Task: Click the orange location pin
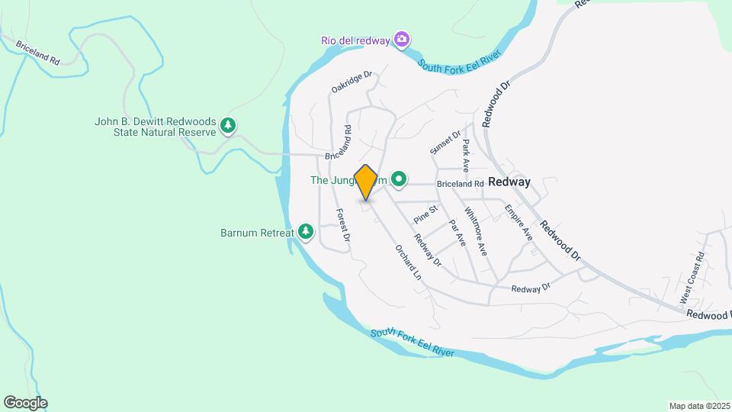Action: click(366, 182)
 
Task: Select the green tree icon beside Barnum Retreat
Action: click(306, 231)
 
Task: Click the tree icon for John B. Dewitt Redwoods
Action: click(227, 126)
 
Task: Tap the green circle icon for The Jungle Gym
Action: click(398, 180)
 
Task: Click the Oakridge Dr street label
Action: click(351, 82)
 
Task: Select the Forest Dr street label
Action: click(342, 226)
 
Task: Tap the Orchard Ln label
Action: click(408, 262)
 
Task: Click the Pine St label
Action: click(425, 214)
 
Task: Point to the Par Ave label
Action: click(457, 233)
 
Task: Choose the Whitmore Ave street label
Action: click(475, 232)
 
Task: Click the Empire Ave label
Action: click(518, 223)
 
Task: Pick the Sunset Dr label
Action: click(445, 143)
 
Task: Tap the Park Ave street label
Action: click(464, 154)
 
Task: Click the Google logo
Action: click(25, 402)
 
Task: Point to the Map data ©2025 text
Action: click(699, 406)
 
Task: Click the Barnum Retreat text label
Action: click(257, 231)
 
